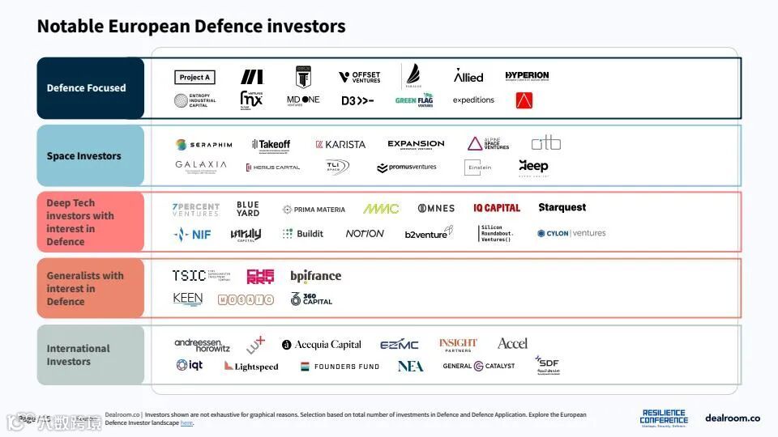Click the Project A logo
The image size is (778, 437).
click(194, 78)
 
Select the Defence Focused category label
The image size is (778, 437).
click(87, 88)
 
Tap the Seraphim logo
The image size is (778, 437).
click(204, 145)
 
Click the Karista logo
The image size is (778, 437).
click(340, 145)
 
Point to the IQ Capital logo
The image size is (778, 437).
click(497, 208)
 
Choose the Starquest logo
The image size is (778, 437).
click(562, 208)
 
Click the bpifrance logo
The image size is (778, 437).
click(316, 276)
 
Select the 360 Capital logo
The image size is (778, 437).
click(312, 299)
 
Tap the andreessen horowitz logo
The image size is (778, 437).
click(202, 345)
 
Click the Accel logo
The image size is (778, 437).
click(512, 344)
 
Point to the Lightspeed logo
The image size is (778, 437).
click(251, 367)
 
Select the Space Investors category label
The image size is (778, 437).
click(84, 156)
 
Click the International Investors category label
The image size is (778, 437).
click(78, 355)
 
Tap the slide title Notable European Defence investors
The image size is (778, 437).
click(191, 27)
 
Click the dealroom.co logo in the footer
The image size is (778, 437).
click(733, 418)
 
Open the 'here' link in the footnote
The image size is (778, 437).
click(186, 423)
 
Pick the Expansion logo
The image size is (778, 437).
click(416, 145)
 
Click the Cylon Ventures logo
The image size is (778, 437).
click(571, 233)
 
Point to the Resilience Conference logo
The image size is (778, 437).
click(664, 417)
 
